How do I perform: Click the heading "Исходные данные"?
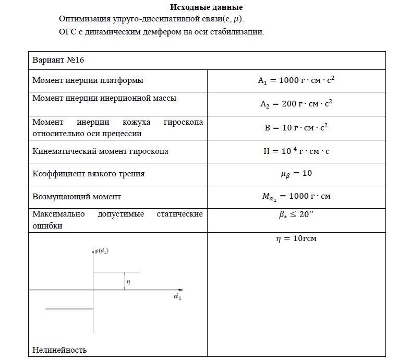(207, 8)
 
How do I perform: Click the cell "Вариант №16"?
(58, 60)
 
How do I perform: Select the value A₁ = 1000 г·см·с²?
(296, 80)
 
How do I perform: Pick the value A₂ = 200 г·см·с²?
(296, 103)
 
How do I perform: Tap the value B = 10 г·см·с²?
(296, 127)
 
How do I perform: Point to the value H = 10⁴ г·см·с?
(296, 152)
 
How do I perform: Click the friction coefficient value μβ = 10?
(296, 173)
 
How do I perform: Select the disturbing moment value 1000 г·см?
(296, 197)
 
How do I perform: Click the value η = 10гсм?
(296, 239)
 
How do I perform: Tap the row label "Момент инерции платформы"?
(88, 80)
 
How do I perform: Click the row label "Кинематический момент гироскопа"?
(100, 152)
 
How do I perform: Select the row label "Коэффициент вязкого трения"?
(89, 174)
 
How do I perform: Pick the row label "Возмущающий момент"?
(77, 197)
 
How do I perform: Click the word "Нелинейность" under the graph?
(59, 350)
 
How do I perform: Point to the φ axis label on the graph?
(102, 251)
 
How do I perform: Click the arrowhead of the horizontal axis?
(180, 290)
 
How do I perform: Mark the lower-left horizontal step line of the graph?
(69, 309)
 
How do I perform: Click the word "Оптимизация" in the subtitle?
(84, 19)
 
